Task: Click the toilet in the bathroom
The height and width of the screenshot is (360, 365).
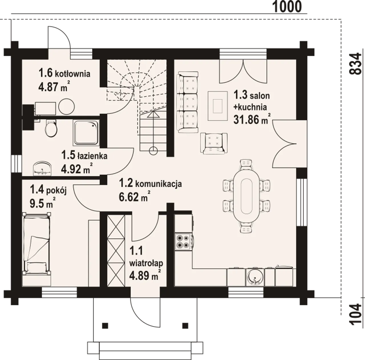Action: tap(51, 128)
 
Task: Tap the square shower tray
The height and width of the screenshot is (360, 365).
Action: tap(86, 133)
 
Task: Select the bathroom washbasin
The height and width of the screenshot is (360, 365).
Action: tap(42, 168)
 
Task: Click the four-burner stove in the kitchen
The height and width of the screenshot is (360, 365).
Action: tap(183, 242)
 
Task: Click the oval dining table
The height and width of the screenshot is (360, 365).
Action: tap(246, 195)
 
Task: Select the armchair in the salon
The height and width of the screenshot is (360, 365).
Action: tap(214, 143)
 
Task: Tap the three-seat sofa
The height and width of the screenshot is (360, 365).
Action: tap(187, 102)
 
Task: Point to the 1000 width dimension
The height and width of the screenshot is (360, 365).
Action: tap(287, 7)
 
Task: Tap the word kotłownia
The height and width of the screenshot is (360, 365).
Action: tap(72, 74)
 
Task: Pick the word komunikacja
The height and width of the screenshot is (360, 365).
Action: tap(158, 184)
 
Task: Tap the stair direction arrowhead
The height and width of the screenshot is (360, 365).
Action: tap(153, 114)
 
